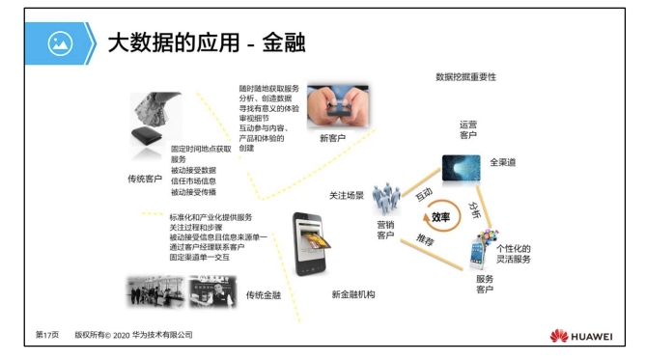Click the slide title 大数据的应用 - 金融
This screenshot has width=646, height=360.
pyautogui.click(x=207, y=42)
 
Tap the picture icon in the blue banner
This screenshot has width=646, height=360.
pyautogui.click(x=60, y=43)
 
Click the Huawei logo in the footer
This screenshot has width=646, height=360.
pyautogui.click(x=581, y=336)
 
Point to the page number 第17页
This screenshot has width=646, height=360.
pyautogui.click(x=47, y=335)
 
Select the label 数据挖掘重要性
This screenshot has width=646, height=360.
pyautogui.click(x=466, y=77)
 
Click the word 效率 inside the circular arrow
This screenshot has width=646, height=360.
pyautogui.click(x=440, y=217)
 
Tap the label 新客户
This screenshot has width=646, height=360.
pyautogui.click(x=332, y=138)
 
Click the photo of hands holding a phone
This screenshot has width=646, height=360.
pyautogui.click(x=338, y=106)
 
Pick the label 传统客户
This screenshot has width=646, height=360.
pyautogui.click(x=145, y=179)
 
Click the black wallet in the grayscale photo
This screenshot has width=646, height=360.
pyautogui.click(x=146, y=135)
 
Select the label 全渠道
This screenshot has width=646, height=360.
pyautogui.click(x=503, y=162)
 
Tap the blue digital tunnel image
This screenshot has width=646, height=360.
pyautogui.click(x=461, y=168)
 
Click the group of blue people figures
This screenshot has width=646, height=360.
pyautogui.click(x=386, y=199)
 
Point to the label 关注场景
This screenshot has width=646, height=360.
pyautogui.click(x=347, y=196)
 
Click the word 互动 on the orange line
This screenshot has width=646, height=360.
pyautogui.click(x=424, y=194)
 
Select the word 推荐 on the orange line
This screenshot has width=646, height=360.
pyautogui.click(x=425, y=239)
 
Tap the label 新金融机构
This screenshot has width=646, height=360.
pyautogui.click(x=353, y=294)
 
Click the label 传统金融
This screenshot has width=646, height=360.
pyautogui.click(x=264, y=295)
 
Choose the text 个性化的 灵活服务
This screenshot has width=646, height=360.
pyautogui.click(x=514, y=254)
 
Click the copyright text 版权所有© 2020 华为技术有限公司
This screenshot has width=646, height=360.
pyautogui.click(x=133, y=335)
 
